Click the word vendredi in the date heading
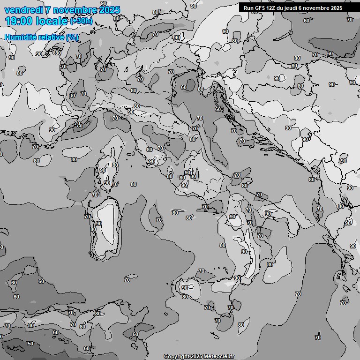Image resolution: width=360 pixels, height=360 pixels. click(23, 10)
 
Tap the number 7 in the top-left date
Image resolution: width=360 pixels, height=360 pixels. click(48, 10)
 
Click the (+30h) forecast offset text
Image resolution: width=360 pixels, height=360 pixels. click(81, 21)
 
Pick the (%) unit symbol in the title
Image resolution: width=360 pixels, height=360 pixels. click(72, 37)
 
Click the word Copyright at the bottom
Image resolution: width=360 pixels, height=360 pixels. click(176, 356)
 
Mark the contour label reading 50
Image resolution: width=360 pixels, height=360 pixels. click(30, 344)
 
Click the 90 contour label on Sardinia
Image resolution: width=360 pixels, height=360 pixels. click(98, 224)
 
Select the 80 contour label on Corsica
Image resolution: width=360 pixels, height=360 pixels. click(115, 165)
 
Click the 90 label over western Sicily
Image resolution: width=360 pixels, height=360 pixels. click(185, 288)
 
